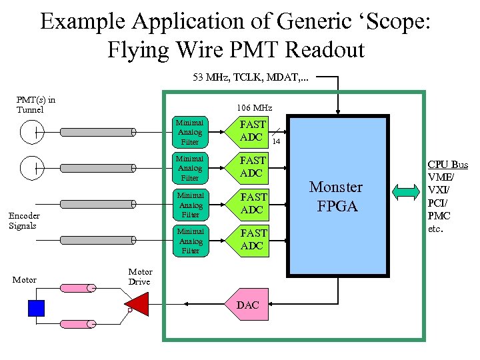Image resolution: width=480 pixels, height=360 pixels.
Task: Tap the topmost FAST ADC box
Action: (x=252, y=131)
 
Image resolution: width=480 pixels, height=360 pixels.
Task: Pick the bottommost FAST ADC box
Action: (x=252, y=239)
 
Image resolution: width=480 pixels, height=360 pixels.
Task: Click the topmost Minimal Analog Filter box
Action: (x=190, y=132)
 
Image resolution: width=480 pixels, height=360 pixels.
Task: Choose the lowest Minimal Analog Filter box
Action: (x=190, y=241)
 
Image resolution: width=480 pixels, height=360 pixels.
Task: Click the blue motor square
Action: (x=36, y=307)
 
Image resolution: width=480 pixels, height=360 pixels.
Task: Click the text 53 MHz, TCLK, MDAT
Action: (x=251, y=77)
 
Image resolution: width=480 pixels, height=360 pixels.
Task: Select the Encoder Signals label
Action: (x=24, y=221)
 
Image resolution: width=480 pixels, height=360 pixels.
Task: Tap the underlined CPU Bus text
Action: (x=447, y=165)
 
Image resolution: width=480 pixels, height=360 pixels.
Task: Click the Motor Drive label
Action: (x=140, y=277)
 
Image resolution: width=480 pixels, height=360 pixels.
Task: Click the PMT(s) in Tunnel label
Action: (x=35, y=105)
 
